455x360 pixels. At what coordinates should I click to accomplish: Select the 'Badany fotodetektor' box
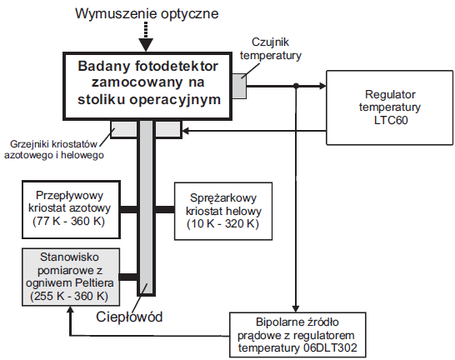coord(147,83)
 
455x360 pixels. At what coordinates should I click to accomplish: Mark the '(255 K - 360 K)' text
coord(70,297)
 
